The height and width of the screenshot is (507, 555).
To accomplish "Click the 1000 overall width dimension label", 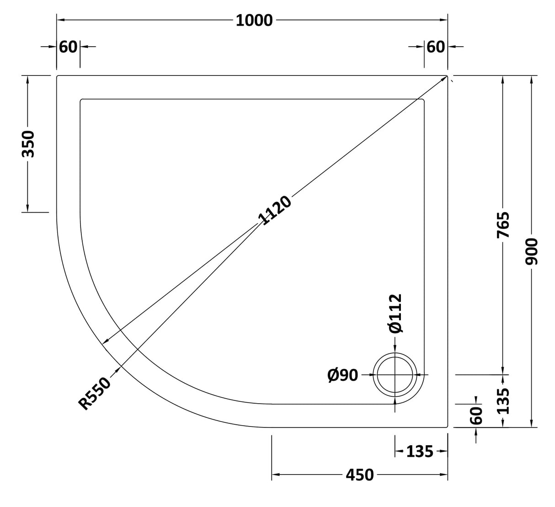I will click(254, 21).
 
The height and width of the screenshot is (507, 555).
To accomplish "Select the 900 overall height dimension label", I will click(532, 251).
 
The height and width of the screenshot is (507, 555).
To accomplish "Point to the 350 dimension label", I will click(28, 144).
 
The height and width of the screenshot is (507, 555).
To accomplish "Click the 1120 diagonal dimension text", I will click(274, 211).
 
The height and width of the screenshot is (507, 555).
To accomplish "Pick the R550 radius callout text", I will click(95, 393).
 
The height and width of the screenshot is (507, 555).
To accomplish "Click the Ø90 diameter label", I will click(342, 375).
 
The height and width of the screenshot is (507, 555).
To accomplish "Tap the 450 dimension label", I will click(359, 475).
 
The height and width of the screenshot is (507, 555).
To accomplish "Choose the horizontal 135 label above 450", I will click(419, 452).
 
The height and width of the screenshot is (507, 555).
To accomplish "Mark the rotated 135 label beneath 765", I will click(503, 400).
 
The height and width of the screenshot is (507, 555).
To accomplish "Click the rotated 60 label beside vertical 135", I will click(476, 415).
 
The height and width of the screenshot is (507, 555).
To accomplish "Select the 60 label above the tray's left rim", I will click(68, 47).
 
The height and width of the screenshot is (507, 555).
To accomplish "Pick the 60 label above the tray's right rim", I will click(435, 47).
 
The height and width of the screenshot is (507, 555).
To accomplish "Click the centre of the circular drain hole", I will click(395, 375).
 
